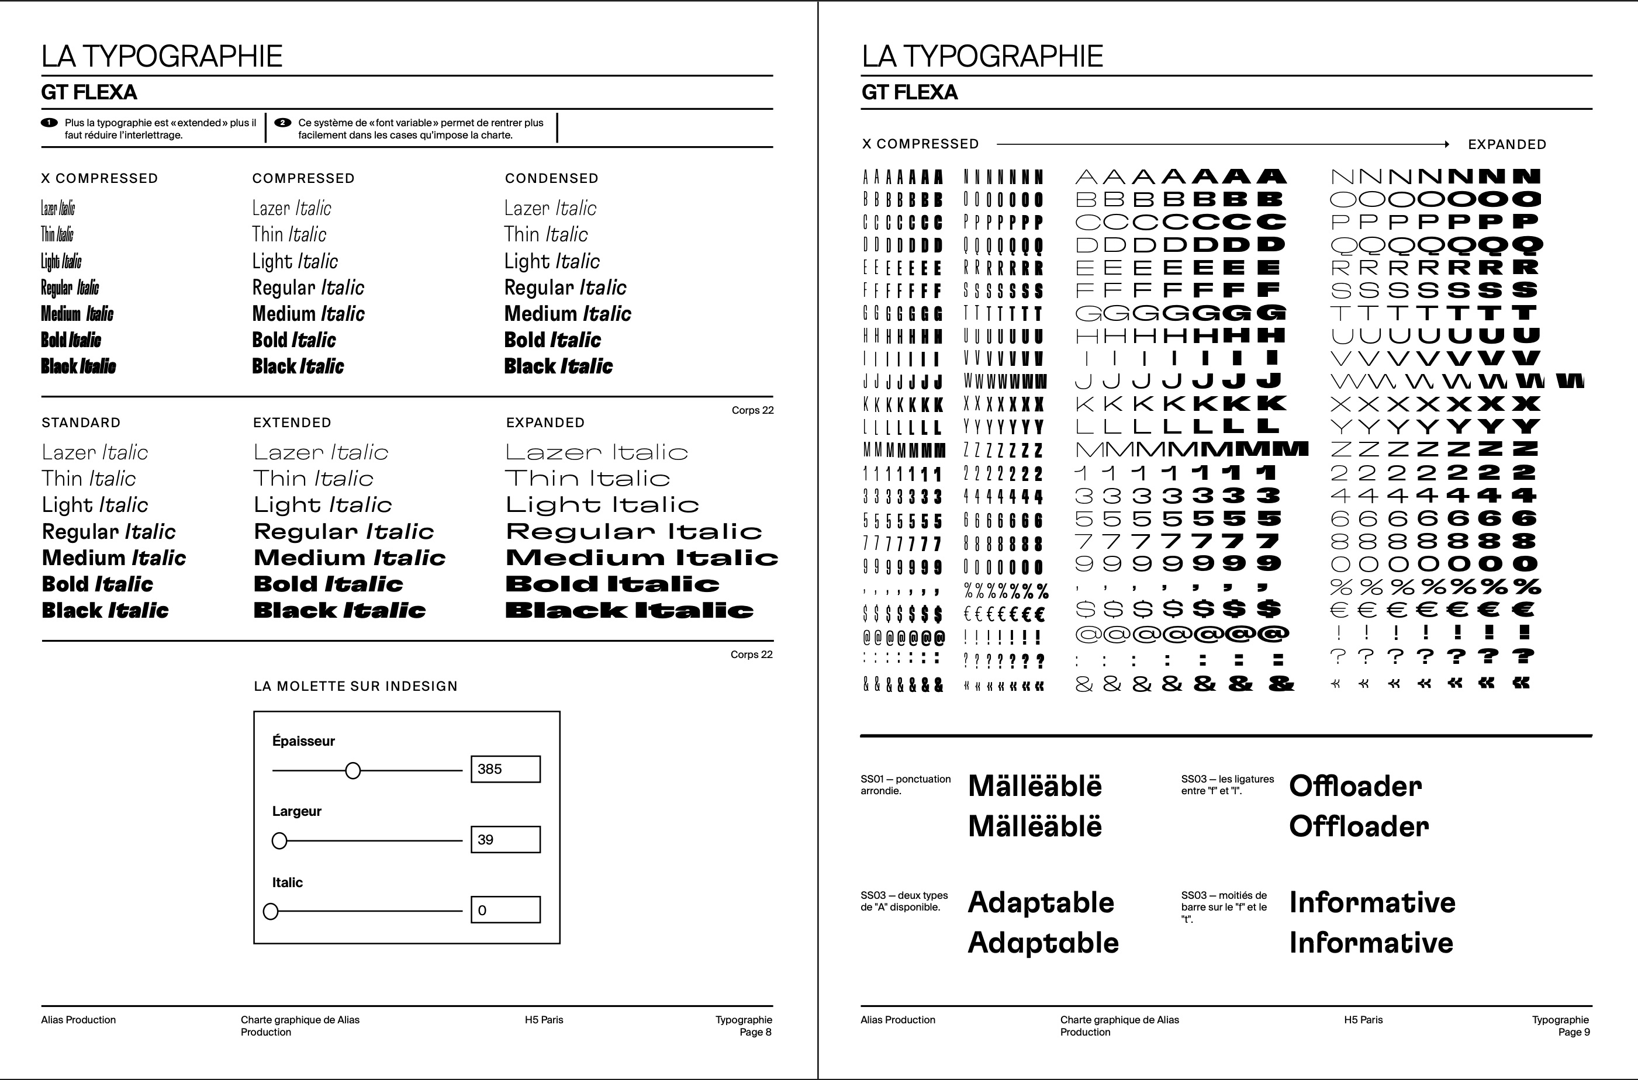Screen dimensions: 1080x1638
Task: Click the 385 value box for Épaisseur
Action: (505, 769)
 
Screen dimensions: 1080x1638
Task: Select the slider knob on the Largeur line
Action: (279, 840)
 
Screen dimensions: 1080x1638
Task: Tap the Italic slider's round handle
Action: (271, 911)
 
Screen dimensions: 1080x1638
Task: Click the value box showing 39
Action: (505, 839)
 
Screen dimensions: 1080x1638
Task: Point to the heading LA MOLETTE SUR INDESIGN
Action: (355, 686)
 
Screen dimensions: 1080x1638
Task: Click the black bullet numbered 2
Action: (282, 123)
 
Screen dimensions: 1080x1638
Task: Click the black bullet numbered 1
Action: (49, 123)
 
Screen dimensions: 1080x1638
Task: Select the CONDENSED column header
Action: (551, 178)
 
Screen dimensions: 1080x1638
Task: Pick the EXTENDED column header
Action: (292, 422)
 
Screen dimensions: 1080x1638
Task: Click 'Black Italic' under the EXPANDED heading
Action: (629, 610)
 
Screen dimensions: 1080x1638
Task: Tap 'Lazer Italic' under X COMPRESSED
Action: (58, 208)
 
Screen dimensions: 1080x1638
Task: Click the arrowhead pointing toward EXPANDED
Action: (1446, 144)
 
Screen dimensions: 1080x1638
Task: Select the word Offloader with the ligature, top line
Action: (1354, 786)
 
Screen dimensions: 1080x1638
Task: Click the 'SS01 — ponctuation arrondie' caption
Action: (904, 784)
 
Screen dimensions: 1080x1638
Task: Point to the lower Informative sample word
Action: (1371, 942)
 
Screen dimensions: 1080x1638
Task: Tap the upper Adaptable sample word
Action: (1040, 902)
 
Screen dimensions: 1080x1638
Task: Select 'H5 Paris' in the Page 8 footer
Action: (544, 1019)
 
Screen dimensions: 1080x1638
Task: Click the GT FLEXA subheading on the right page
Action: (908, 92)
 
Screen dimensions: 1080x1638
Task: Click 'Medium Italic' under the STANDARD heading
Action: (113, 557)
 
